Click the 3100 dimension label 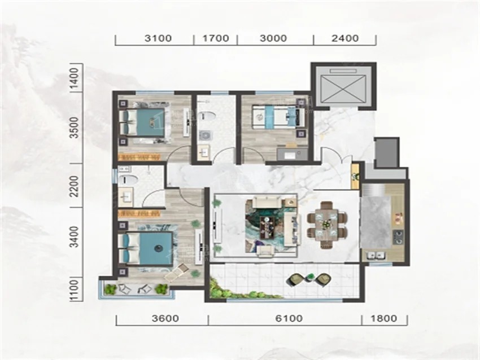tap(158, 38)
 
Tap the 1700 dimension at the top tap(216, 38)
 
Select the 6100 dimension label tap(289, 318)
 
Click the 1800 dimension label tap(383, 318)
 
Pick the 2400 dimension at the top tap(344, 38)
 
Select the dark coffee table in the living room tap(268, 227)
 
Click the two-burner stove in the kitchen tap(398, 238)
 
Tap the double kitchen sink tap(374, 255)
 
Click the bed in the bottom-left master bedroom tap(146, 248)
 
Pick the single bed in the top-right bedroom tap(278, 116)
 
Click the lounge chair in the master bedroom tap(177, 273)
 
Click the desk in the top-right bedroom tap(293, 154)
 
